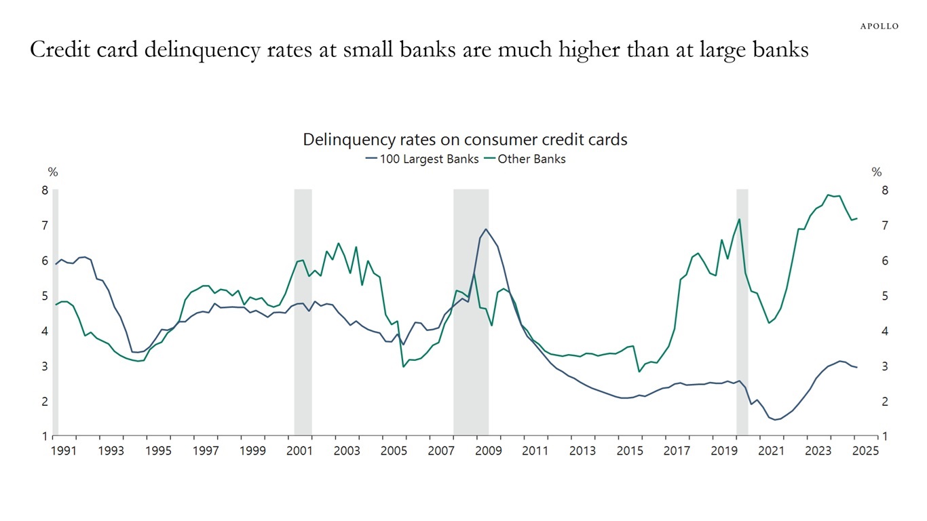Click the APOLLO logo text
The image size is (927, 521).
pos(879,26)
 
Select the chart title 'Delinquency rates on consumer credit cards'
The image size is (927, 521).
pos(465,140)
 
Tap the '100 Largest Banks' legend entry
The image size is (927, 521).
pos(421,159)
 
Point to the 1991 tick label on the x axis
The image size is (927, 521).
pos(62,450)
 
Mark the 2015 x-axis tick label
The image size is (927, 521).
pos(630,450)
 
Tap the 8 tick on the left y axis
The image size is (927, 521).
pos(45,191)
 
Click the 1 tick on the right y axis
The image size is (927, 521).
pos(885,437)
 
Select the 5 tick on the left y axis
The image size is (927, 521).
pos(45,296)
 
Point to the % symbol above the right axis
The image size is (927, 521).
pos(877,172)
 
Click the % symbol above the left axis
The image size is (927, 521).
pos(52,172)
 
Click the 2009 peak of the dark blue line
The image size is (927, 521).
pos(486,229)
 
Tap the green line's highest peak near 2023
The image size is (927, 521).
pos(829,195)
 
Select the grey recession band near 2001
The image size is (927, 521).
pos(303,312)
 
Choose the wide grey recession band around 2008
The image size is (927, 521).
pos(471,312)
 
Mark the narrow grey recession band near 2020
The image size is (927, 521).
pos(742,312)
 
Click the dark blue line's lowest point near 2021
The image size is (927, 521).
pos(775,420)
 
